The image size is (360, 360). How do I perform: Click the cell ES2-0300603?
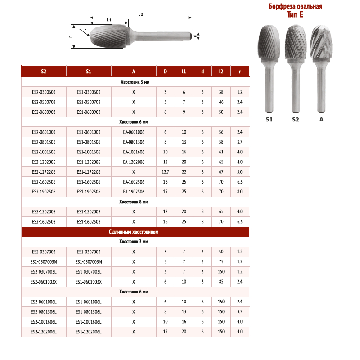[x=44, y=93]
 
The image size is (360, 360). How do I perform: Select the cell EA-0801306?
[x=134, y=142]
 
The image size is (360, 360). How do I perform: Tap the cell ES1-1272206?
[x=89, y=172]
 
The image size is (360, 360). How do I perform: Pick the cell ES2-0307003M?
[x=44, y=262]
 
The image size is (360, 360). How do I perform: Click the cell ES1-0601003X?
[x=89, y=282]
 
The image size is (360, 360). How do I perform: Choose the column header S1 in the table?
[x=89, y=72]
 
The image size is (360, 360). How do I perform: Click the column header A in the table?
[x=134, y=72]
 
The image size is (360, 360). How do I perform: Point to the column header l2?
[x=221, y=72]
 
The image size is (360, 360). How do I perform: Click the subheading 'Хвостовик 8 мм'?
[x=134, y=202]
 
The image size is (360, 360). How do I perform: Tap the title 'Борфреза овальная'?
[x=295, y=7]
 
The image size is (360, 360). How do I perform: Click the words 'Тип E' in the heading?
[x=295, y=14]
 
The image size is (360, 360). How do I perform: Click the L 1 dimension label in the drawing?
[x=109, y=20]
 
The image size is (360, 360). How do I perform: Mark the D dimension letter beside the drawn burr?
[x=71, y=36]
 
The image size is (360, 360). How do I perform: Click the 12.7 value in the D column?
[x=165, y=172]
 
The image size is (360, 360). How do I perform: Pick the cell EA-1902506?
[x=134, y=192]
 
